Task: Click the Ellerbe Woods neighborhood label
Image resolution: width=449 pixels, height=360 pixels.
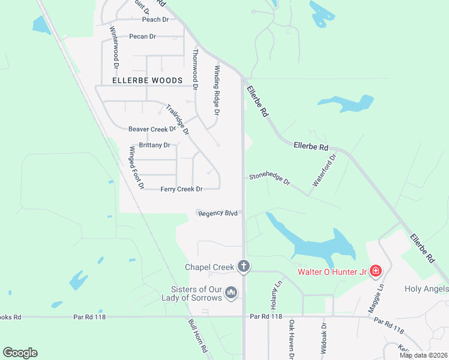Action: (x=147, y=80)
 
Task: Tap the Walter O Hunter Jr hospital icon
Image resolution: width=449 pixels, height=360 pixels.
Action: (x=376, y=271)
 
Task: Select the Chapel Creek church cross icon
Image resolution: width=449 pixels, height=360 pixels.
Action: (x=243, y=266)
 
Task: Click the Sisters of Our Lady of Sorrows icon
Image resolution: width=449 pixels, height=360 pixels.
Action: (x=232, y=293)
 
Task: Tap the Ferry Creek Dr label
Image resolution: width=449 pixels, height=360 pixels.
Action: (x=181, y=189)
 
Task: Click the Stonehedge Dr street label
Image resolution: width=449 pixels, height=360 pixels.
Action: (x=270, y=179)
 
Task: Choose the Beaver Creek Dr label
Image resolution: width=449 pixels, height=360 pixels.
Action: (x=152, y=129)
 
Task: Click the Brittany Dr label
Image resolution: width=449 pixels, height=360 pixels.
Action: (x=155, y=145)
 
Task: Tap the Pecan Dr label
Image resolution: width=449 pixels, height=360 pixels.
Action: (x=143, y=37)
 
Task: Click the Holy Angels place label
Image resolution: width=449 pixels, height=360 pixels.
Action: (x=426, y=289)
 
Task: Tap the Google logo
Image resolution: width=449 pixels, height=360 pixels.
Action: (x=20, y=353)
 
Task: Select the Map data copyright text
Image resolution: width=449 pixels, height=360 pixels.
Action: (x=423, y=355)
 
